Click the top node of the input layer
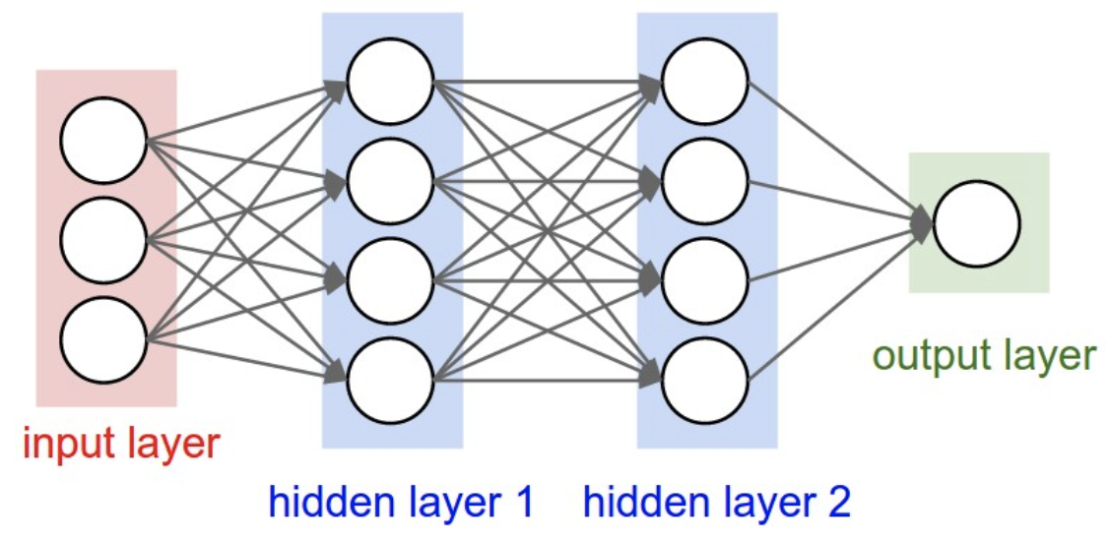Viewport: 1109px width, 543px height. [103, 140]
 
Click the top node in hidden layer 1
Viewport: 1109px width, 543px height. [390, 82]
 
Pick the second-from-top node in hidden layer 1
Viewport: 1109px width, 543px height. [390, 181]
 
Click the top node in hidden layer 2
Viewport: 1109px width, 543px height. [705, 82]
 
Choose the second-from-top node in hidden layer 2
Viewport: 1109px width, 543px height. [705, 181]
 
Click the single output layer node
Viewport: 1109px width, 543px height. [977, 224]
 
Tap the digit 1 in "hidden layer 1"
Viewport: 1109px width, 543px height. [522, 504]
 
